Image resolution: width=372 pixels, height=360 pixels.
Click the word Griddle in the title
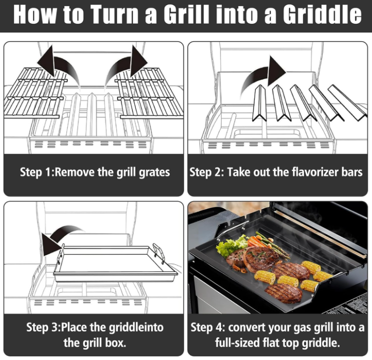(322, 14)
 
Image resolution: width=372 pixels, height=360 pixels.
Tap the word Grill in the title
(187, 14)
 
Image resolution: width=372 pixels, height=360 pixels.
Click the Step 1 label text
(37, 172)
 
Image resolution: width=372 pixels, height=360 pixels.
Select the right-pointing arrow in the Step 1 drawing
(126, 66)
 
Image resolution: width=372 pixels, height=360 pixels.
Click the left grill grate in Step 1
(36, 93)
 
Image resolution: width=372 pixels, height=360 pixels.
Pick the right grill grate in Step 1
(149, 93)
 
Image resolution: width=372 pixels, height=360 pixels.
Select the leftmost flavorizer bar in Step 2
(259, 103)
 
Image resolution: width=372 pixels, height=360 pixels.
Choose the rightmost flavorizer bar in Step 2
(347, 103)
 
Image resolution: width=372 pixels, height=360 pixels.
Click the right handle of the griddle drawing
(159, 253)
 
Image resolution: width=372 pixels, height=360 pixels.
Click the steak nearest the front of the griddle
(284, 293)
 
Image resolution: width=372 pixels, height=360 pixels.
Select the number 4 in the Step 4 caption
(218, 327)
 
